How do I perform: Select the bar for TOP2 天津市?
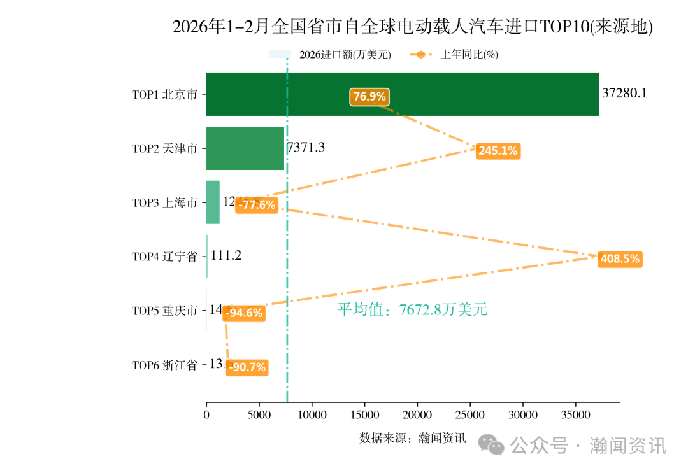point(245,148)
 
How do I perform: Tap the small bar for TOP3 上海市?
point(213,202)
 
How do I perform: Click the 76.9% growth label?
point(369,97)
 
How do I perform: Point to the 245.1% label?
point(498,151)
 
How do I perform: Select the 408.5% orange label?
point(620,259)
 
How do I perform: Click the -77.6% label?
point(257,205)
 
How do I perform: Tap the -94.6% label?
point(245,313)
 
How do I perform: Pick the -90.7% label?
point(247,367)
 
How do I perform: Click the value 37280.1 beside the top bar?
point(624,94)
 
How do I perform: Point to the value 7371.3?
point(306,148)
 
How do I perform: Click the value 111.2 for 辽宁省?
point(226,256)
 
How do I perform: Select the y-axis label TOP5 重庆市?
point(164,311)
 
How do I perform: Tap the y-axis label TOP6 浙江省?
point(164,365)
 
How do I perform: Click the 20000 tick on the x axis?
point(417,415)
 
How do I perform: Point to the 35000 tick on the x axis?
point(575,415)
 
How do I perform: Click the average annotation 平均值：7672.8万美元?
point(412,310)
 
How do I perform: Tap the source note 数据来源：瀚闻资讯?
point(413,438)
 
